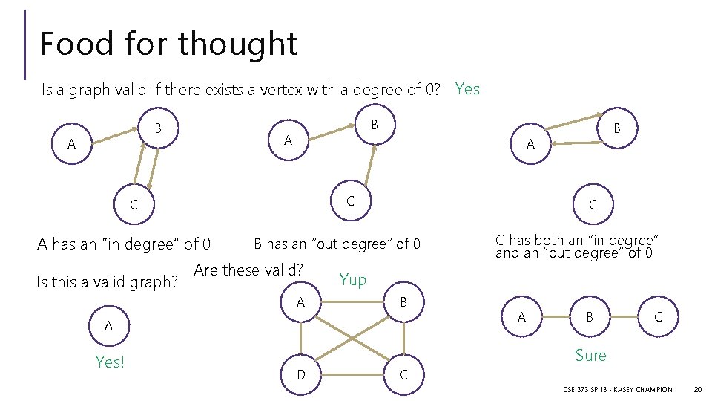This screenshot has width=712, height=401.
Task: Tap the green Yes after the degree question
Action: [467, 89]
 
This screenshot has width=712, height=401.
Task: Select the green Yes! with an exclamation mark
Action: [110, 362]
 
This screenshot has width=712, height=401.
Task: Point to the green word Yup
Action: [352, 279]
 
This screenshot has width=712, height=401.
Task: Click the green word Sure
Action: [590, 356]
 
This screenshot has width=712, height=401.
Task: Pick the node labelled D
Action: [301, 374]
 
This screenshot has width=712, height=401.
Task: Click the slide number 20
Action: [697, 389]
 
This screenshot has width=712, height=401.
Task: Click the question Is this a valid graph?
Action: [108, 282]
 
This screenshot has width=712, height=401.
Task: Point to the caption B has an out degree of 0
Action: [337, 244]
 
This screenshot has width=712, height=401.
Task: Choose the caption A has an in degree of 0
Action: [124, 244]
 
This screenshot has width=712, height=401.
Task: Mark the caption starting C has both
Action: [577, 247]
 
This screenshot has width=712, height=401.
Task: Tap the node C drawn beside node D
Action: [403, 374]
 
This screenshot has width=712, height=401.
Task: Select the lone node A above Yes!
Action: [109, 326]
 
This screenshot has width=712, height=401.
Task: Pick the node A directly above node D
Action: [301, 302]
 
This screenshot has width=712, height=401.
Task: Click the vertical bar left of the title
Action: [26, 45]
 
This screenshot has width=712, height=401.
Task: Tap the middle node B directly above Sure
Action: [590, 317]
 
